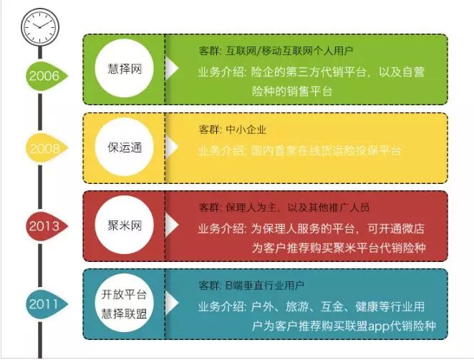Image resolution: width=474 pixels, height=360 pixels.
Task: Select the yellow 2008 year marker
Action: (x=43, y=149)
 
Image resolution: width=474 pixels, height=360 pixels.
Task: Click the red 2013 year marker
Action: (x=43, y=226)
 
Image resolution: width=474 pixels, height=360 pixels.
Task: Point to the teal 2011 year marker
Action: (x=43, y=304)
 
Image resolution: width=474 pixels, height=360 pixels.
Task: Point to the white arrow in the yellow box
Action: (x=172, y=148)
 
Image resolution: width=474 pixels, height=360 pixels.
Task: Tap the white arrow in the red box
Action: (x=172, y=225)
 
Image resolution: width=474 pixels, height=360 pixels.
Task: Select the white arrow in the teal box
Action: (x=172, y=303)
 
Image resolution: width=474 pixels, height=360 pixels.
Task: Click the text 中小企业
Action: (x=246, y=130)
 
